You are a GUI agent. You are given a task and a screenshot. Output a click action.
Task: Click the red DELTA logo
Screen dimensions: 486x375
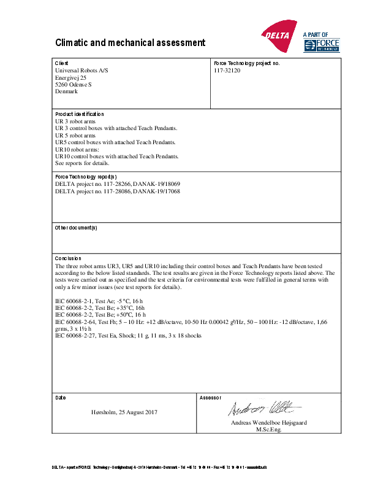coord(279,36)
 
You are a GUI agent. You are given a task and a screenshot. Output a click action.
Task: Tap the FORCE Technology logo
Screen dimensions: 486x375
coord(321,44)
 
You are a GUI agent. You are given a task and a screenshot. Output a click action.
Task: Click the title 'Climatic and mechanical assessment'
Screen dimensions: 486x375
coord(130,43)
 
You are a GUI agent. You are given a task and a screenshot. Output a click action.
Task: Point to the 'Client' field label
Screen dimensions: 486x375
coord(62,63)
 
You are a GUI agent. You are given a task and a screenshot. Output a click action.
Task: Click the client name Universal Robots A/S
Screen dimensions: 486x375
coord(81,71)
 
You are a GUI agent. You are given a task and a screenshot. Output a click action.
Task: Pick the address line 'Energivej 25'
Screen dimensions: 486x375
coord(70,78)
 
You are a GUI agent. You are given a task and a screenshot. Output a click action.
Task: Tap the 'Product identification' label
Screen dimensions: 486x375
coord(80,114)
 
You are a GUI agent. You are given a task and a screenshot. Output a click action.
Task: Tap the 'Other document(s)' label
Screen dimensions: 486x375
coord(76,228)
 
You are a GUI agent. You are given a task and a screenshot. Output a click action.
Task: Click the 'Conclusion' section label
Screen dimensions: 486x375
coord(68,258)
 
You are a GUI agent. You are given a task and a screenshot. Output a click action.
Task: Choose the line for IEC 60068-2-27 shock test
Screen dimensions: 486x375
coord(128,336)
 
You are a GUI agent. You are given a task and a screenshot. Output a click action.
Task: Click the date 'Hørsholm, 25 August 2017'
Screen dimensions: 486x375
coord(124,411)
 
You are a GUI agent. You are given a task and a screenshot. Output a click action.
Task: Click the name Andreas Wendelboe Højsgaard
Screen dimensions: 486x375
coord(269,423)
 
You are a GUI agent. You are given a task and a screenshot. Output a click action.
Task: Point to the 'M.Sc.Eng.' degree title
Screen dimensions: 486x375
coord(268,430)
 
